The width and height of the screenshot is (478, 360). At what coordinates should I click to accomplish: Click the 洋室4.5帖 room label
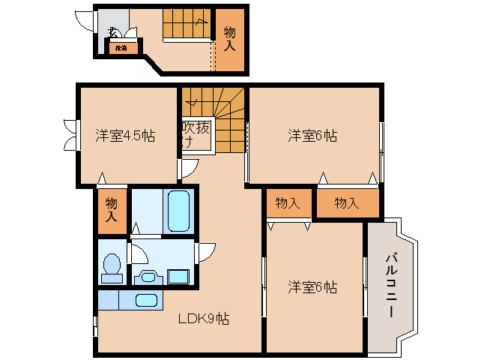(125, 136)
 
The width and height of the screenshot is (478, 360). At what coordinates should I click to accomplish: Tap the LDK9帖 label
(203, 319)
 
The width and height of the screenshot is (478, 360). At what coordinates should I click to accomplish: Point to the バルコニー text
(391, 286)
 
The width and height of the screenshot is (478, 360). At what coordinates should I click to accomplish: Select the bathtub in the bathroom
(179, 211)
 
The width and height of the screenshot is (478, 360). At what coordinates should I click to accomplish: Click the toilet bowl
(112, 266)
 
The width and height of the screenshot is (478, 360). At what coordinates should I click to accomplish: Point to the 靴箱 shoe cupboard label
(121, 48)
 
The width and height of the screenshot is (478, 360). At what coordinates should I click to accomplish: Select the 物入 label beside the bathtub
(112, 209)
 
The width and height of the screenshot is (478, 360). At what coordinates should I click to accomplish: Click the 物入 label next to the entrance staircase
(230, 38)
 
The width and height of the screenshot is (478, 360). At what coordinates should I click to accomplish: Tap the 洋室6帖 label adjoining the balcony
(312, 286)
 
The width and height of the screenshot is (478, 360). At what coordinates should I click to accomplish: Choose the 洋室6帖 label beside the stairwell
(312, 136)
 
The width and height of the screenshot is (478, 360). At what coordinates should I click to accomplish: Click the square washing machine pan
(178, 276)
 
